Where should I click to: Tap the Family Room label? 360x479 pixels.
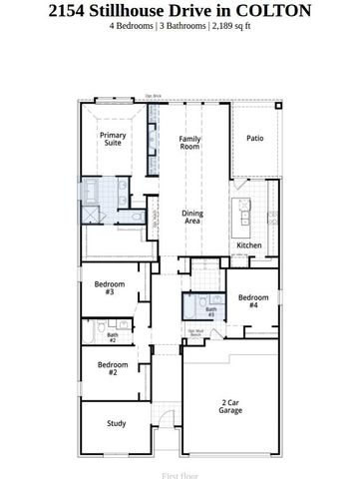189,142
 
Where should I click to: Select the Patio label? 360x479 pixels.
254,140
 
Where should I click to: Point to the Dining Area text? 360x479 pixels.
191,217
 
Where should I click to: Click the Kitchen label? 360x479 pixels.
248,245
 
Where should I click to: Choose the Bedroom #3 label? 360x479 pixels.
109,287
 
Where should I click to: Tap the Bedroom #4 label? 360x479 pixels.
253,301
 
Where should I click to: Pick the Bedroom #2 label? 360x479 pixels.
112,367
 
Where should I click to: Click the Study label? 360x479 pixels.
116,424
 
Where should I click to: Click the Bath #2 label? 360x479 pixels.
112,338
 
